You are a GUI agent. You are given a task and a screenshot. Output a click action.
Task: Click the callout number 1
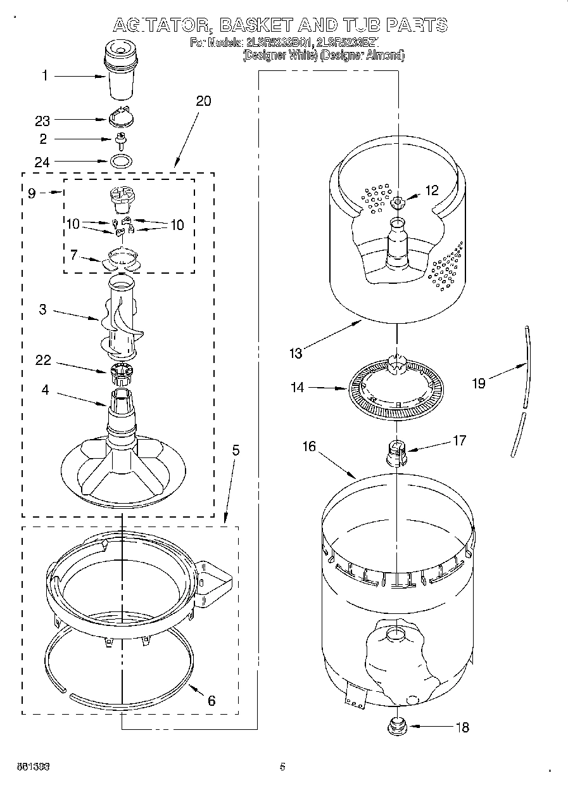pos(45,76)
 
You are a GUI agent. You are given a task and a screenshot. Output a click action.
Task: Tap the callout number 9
pos(32,193)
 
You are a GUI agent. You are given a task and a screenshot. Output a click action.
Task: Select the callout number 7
pos(74,255)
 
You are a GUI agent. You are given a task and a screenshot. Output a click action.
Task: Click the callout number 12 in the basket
pos(431,190)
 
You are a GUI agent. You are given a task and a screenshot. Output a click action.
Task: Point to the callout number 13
pos(296,354)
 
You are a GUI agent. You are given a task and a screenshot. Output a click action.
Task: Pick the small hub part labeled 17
pos(396,452)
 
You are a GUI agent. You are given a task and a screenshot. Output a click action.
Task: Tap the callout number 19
pos(479,383)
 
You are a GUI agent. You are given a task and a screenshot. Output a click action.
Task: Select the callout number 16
pos(308,446)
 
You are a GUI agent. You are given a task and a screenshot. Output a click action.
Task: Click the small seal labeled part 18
pos(397,725)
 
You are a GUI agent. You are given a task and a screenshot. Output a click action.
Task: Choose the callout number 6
pos(211,700)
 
